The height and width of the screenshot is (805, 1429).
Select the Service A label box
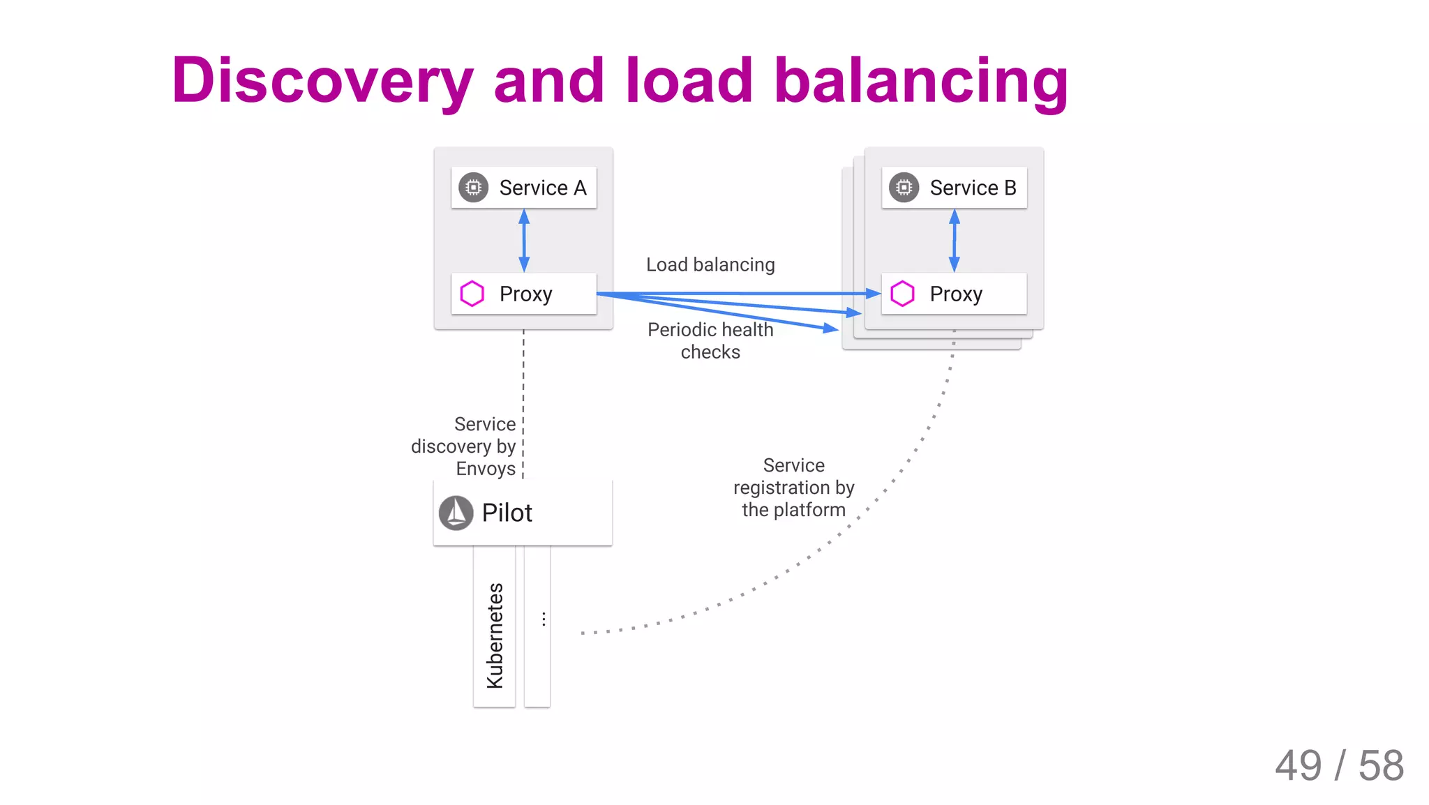click(x=524, y=188)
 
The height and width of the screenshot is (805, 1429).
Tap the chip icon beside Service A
click(x=473, y=188)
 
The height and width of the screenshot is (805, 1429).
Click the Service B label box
click(x=954, y=188)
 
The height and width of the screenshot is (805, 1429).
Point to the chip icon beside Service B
click(x=904, y=188)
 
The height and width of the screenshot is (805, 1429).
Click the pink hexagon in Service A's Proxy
click(x=472, y=294)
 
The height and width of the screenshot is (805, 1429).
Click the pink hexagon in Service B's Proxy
click(x=902, y=294)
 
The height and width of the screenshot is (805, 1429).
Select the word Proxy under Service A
click(x=525, y=294)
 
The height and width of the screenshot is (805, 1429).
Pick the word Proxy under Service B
click(x=955, y=294)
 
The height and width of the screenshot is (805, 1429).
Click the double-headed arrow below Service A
click(x=524, y=241)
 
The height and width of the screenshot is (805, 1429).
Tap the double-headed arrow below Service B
click(x=954, y=241)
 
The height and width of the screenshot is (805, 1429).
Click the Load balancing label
click(x=710, y=265)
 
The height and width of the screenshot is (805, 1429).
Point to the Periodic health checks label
click(x=710, y=340)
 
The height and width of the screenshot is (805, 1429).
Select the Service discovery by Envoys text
click(x=465, y=446)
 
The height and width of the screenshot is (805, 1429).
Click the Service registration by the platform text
click(x=793, y=488)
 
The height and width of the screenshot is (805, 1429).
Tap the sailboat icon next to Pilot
click(x=456, y=513)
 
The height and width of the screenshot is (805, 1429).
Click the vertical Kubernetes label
click(x=495, y=635)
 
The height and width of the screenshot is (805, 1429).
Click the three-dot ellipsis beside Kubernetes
click(x=544, y=619)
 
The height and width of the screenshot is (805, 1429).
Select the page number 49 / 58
click(x=1338, y=765)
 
